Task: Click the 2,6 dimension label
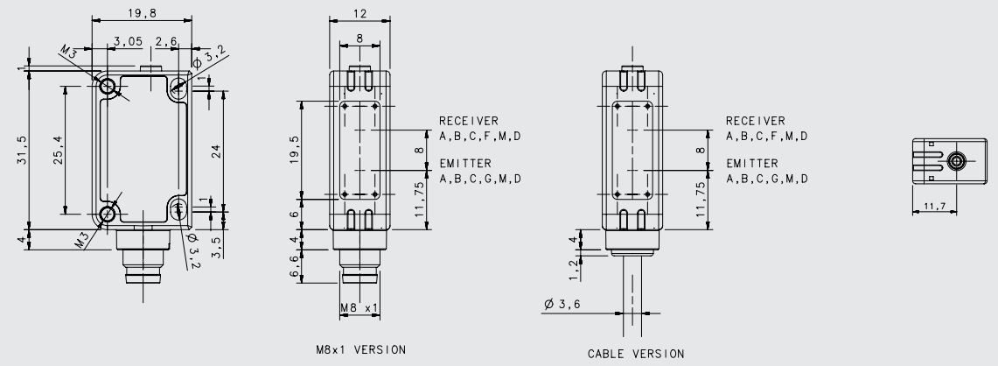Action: click(x=166, y=41)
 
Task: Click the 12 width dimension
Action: click(x=360, y=12)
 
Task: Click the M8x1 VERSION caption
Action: click(x=360, y=349)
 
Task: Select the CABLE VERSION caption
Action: click(x=636, y=354)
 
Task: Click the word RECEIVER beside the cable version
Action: click(x=756, y=121)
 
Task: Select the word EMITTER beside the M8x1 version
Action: click(x=464, y=164)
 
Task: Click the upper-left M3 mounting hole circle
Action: click(x=108, y=86)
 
